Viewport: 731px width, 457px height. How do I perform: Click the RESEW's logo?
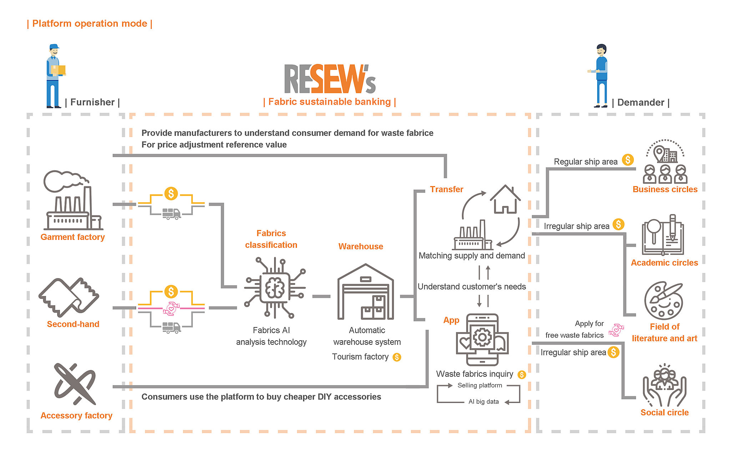(330, 79)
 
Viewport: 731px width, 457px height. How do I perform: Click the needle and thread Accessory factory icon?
(75, 384)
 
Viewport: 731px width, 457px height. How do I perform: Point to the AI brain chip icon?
(274, 288)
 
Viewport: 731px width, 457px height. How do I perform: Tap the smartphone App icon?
(482, 340)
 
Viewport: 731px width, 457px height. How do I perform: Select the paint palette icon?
(664, 301)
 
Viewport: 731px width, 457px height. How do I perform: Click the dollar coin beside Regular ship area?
(628, 160)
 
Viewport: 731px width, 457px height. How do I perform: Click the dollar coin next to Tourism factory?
(397, 357)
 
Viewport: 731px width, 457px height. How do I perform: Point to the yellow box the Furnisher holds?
(59, 70)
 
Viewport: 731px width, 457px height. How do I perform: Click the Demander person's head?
(601, 50)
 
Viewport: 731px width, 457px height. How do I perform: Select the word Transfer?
(447, 189)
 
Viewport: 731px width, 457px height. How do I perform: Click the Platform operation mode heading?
(90, 24)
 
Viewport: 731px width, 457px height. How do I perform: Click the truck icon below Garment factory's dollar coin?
(171, 214)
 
